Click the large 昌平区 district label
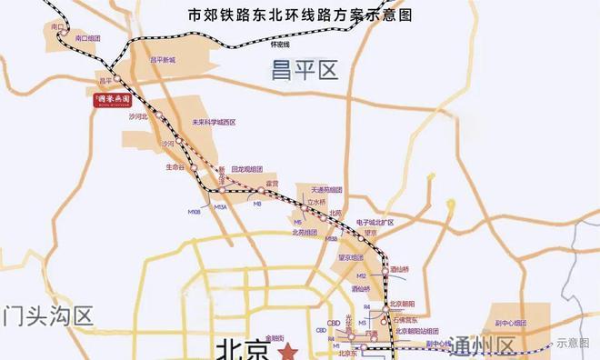(x=304, y=70)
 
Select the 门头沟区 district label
(x=47, y=317)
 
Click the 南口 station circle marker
(x=60, y=26)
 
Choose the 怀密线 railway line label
(x=280, y=45)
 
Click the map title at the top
(x=299, y=15)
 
